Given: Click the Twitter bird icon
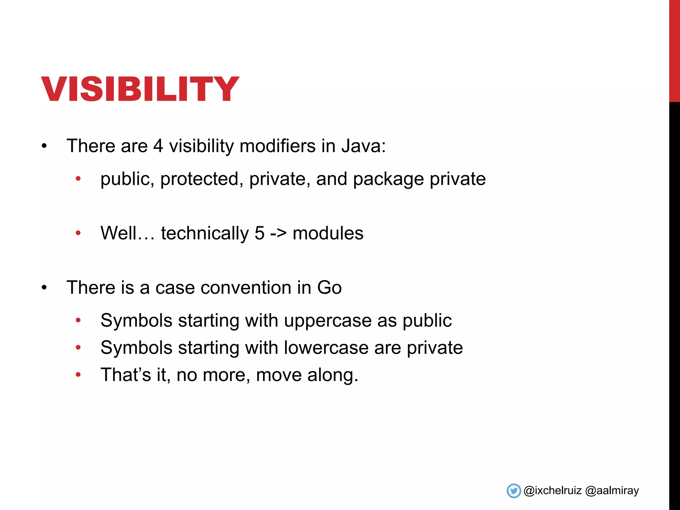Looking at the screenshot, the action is tap(514, 491).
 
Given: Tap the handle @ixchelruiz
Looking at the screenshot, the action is tap(552, 491).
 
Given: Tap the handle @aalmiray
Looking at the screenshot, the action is tap(612, 491).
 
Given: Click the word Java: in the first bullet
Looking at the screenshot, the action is tap(364, 146).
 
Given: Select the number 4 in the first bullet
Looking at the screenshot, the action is tap(158, 146).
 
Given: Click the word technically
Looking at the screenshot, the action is tap(205, 233).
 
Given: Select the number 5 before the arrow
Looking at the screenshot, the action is tap(259, 233).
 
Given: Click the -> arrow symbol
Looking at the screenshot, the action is tap(278, 233).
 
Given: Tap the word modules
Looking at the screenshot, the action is tap(328, 233).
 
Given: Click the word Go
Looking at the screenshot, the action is tap(329, 288).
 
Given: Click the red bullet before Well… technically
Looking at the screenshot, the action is tap(78, 233).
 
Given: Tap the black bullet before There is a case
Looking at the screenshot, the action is tap(44, 288).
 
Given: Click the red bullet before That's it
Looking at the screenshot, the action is tap(78, 375).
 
